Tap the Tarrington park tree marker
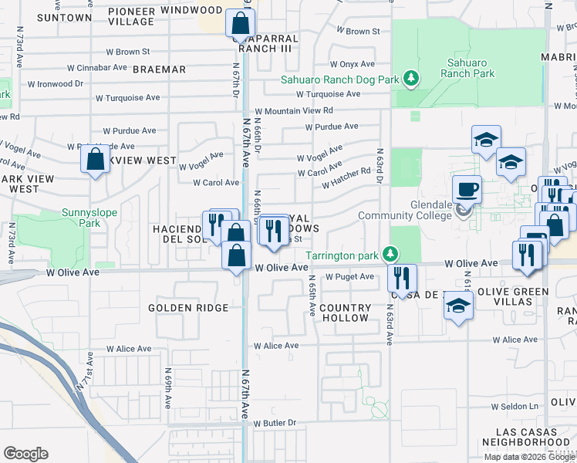391,254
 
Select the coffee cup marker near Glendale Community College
468,190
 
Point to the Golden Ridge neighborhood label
188,308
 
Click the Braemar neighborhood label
159,69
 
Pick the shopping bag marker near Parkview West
95,160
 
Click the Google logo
25,453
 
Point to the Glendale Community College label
405,215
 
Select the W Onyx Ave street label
352,65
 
